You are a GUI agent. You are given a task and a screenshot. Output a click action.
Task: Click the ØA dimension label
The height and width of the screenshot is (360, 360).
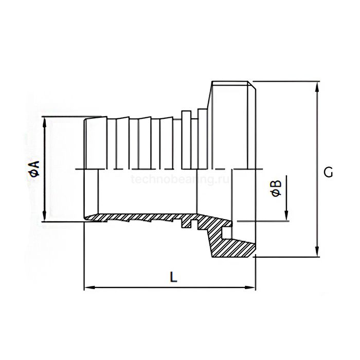(x=34, y=168)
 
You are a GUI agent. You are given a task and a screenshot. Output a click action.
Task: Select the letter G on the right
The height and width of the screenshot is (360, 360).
(x=328, y=173)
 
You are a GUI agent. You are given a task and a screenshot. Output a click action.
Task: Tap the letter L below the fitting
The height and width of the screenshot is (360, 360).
(x=174, y=277)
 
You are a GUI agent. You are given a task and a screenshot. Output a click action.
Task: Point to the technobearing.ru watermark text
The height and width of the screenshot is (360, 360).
(x=180, y=180)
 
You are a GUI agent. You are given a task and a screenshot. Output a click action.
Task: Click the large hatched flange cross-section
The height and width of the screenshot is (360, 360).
(x=231, y=242)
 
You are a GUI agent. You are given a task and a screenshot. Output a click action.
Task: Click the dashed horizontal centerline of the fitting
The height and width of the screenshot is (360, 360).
(x=154, y=168)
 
